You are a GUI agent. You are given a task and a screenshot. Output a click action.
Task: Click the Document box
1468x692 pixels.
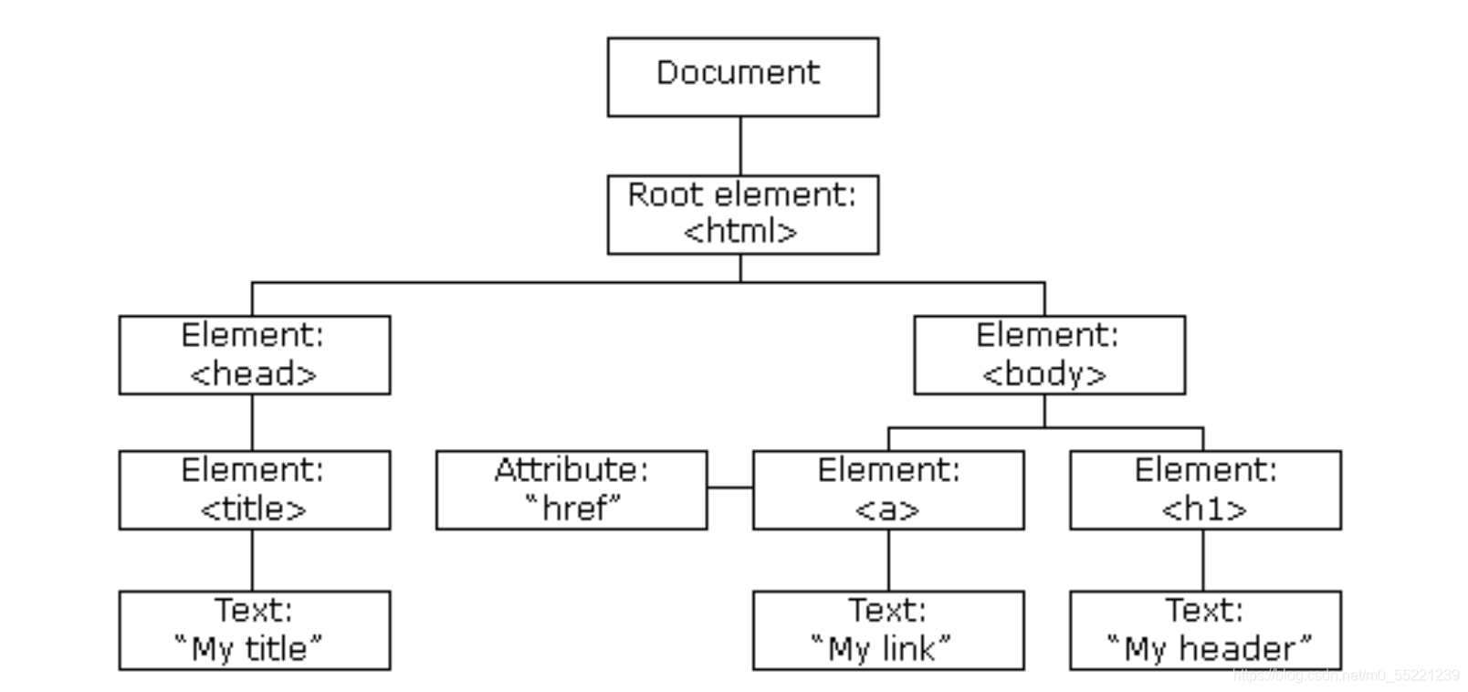743,78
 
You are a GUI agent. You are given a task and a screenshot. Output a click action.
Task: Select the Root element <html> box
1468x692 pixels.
743,215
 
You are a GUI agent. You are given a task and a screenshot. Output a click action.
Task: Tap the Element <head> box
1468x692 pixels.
255,355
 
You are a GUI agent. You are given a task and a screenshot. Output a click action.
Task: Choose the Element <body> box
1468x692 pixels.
1050,355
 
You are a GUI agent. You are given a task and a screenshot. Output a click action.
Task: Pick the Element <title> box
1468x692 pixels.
255,490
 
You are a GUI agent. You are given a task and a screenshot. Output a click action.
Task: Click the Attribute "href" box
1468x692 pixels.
571,490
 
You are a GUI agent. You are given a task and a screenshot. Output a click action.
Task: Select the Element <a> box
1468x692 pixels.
888,490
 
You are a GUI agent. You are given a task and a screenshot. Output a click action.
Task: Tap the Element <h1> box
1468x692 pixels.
1206,490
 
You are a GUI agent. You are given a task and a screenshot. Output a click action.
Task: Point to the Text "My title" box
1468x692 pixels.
255,631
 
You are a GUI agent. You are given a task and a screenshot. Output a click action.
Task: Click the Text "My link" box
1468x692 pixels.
888,631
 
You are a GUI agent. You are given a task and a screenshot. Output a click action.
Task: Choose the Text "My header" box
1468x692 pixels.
1206,631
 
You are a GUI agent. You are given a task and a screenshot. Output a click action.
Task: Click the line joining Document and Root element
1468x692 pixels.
740,146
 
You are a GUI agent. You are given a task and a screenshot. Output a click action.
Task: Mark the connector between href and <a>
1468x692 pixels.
730,488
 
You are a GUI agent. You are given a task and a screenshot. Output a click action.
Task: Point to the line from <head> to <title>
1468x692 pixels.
252,423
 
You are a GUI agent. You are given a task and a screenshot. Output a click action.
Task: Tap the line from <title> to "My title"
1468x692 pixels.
252,561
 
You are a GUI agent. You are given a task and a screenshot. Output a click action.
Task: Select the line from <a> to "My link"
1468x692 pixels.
888,561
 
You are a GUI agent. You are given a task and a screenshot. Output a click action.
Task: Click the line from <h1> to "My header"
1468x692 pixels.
1203,561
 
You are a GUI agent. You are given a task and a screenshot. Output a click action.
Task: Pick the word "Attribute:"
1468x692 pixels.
571,470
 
